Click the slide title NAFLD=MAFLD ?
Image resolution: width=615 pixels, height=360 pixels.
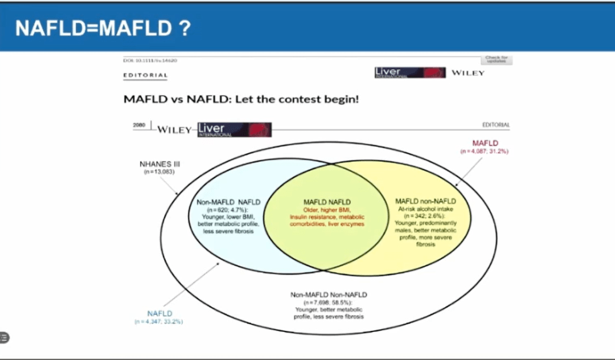click(x=102, y=28)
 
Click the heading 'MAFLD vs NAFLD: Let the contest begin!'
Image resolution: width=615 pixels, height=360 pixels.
click(x=241, y=99)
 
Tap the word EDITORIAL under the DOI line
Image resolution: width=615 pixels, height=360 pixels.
click(x=146, y=75)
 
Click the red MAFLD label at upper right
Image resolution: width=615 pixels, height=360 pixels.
click(x=485, y=143)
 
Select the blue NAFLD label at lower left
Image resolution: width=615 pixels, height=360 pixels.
click(x=159, y=313)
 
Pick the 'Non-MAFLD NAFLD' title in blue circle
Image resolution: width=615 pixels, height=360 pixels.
click(x=228, y=202)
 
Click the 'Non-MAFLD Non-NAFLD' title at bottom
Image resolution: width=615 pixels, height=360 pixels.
click(x=329, y=294)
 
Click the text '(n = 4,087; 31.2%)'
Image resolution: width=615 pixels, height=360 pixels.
click(x=484, y=152)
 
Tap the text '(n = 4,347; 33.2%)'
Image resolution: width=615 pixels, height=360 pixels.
click(x=159, y=322)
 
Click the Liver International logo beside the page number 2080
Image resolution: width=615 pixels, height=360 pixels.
click(x=234, y=130)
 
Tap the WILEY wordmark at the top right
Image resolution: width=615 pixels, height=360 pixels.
click(x=468, y=73)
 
